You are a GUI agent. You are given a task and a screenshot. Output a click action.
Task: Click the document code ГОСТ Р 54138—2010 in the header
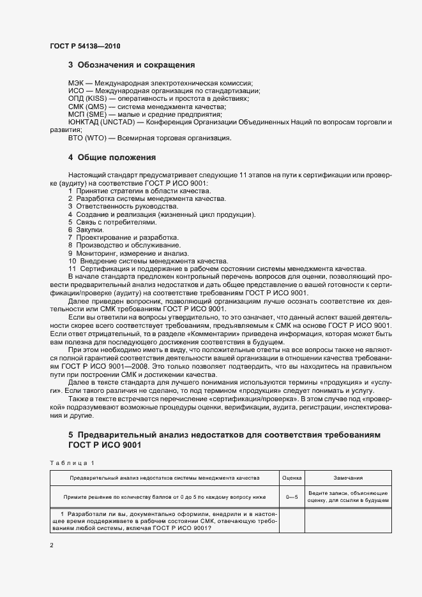[x=84, y=47]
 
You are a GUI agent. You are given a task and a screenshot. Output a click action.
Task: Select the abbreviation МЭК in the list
[x=77, y=83]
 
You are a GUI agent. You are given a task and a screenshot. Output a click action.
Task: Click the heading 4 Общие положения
[x=112, y=157]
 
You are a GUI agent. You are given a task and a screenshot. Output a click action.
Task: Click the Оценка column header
[x=292, y=477]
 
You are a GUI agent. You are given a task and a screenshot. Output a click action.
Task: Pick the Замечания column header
[x=348, y=477]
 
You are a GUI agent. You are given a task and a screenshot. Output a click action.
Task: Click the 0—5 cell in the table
[x=292, y=496]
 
